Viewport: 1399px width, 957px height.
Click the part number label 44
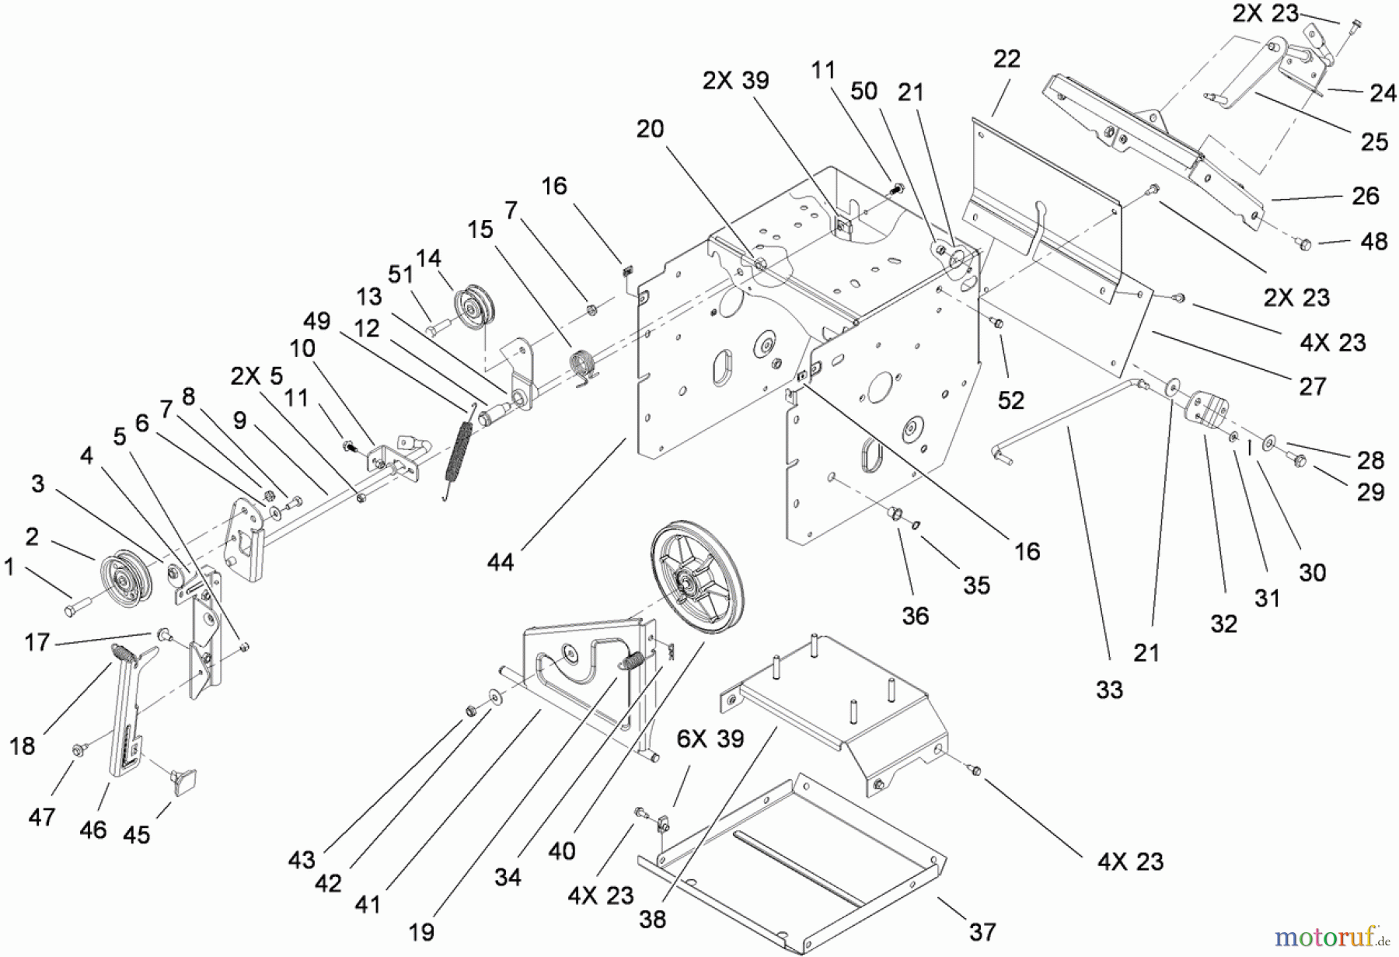click(x=501, y=561)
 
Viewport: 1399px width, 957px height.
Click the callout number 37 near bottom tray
click(x=982, y=931)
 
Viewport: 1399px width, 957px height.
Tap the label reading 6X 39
click(x=710, y=739)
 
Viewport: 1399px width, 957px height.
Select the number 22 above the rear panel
click(x=1007, y=59)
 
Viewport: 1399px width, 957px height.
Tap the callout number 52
click(x=1011, y=400)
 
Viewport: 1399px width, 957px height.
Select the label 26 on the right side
click(x=1365, y=196)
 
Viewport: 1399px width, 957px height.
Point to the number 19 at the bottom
click(x=421, y=932)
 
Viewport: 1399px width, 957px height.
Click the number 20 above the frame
click(x=650, y=129)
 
